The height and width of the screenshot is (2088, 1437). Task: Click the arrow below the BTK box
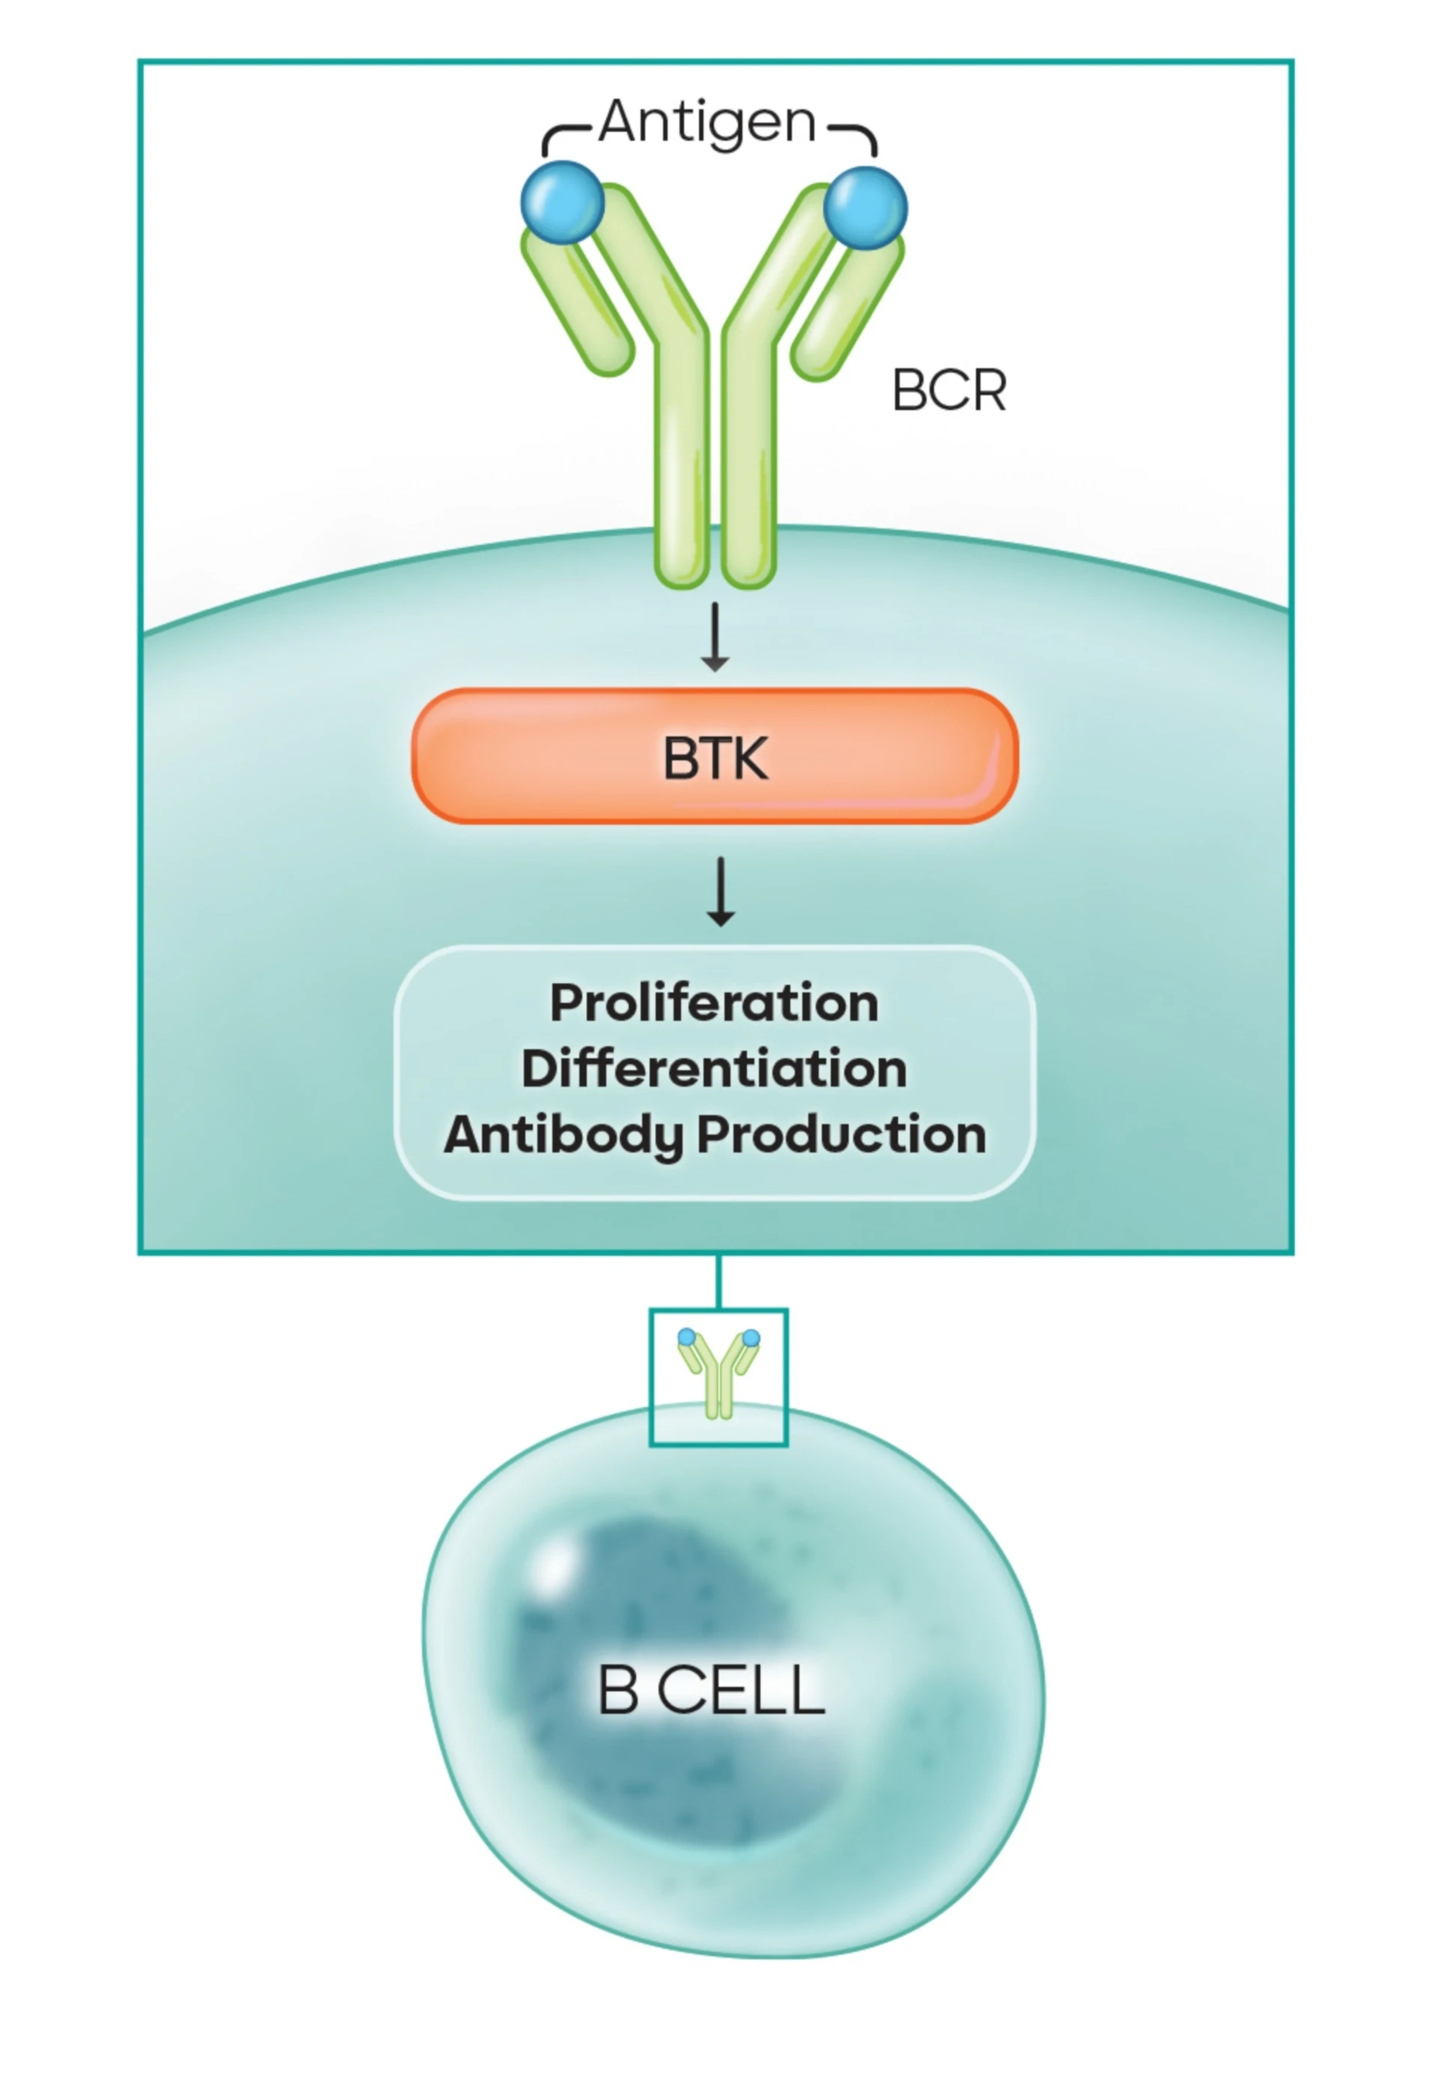[x=720, y=891]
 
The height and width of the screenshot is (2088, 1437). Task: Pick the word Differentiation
[x=714, y=1069]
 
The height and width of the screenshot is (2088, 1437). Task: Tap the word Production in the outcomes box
[x=842, y=1135]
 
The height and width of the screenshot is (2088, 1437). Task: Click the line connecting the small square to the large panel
[x=718, y=1280]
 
